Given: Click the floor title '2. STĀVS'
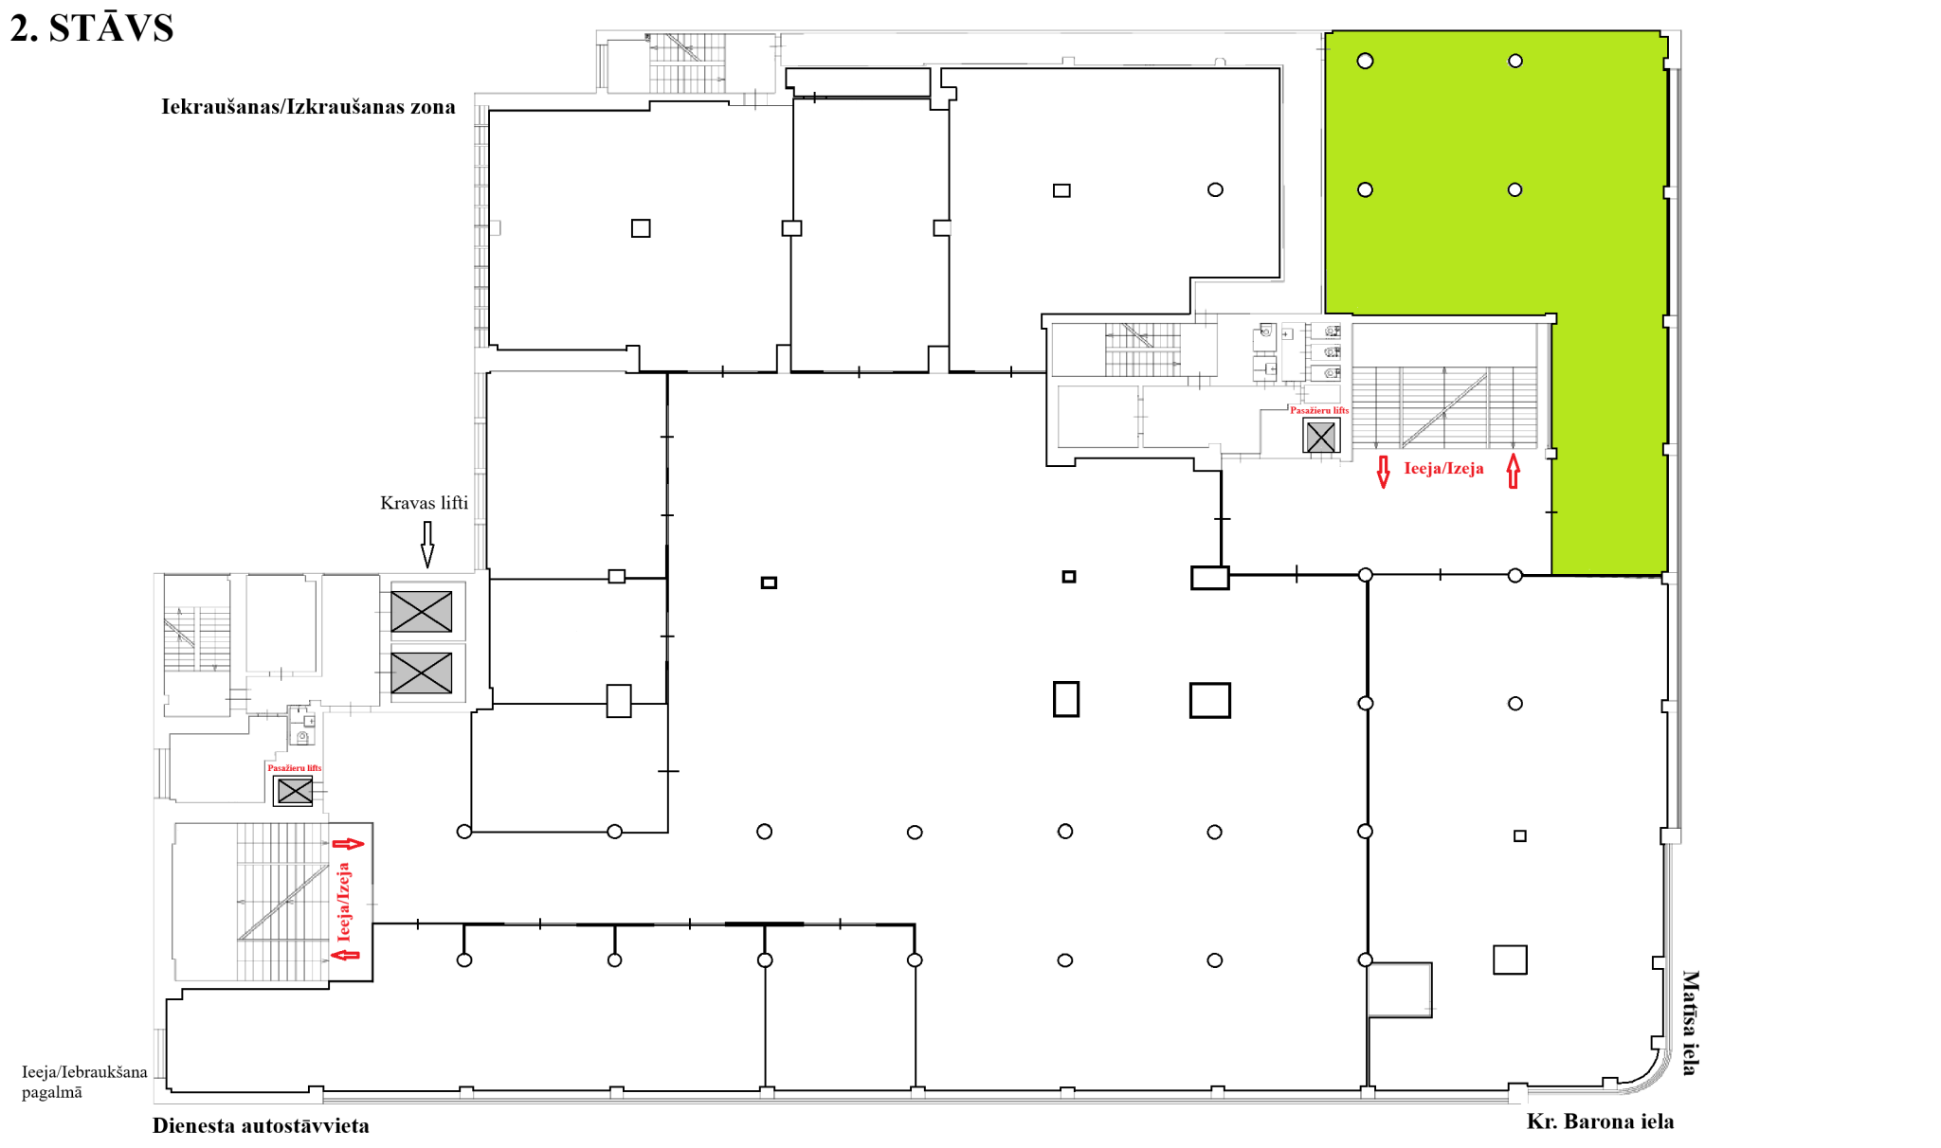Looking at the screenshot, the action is click(92, 28).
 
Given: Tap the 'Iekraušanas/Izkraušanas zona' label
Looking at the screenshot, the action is click(308, 106).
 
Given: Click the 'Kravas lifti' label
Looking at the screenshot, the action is click(424, 503).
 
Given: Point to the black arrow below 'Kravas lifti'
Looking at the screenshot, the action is click(427, 545).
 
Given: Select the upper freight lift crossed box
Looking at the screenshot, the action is click(422, 612).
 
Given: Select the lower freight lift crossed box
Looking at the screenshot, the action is click(422, 673).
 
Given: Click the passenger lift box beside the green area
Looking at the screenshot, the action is click(1320, 437).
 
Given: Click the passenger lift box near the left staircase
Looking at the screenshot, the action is click(294, 790).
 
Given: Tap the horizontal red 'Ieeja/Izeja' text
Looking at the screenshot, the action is click(1443, 468).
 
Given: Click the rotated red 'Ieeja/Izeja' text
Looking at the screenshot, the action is click(343, 901).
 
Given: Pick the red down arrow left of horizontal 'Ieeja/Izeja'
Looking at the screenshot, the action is click(1384, 472).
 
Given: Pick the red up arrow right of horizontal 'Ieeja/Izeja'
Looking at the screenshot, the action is click(1514, 471).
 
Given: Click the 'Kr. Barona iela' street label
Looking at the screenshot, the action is click(1600, 1121).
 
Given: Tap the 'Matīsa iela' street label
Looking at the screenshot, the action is click(1690, 1023).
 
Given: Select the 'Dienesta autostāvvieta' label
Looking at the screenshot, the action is click(261, 1125).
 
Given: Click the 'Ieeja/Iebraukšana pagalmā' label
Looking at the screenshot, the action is click(84, 1082).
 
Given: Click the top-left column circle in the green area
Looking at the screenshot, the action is click(1365, 62).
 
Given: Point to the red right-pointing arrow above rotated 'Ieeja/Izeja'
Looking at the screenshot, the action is click(348, 844).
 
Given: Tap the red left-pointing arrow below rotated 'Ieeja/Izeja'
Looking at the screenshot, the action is click(345, 955).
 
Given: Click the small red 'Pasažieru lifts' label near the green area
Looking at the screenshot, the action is click(1319, 410).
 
